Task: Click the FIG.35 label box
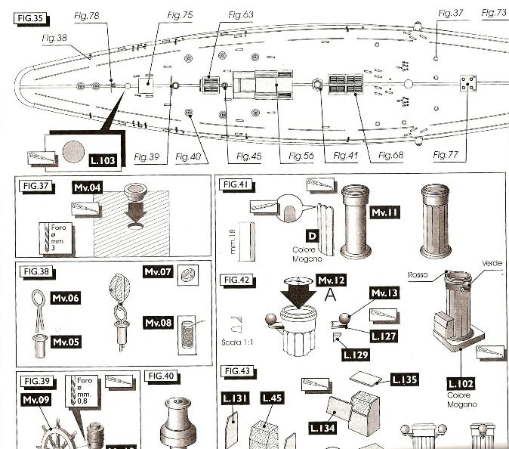tap(28, 16)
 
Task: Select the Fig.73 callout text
tap(494, 13)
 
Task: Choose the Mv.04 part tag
tap(87, 187)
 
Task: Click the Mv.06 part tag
tap(64, 299)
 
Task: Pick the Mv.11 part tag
tap(384, 214)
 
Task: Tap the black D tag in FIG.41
tap(311, 237)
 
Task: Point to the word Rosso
tap(419, 274)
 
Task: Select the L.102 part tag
tap(461, 383)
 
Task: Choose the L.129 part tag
tap(356, 353)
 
